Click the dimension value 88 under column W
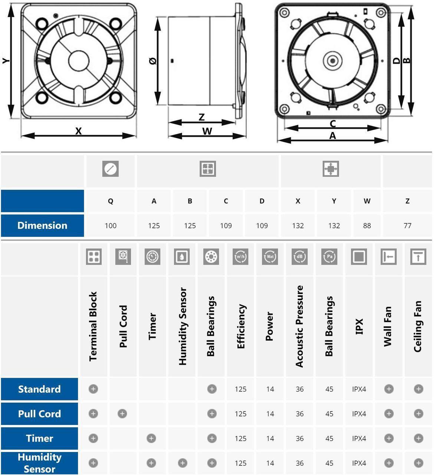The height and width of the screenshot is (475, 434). click(367, 226)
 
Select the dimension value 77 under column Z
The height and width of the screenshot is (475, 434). click(407, 226)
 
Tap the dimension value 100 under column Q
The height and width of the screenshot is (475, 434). click(111, 226)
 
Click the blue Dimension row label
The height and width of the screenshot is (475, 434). click(42, 226)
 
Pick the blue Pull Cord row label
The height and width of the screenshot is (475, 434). click(39, 414)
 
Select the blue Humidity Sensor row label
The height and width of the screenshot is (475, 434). click(39, 463)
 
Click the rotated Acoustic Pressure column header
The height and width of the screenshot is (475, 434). click(299, 326)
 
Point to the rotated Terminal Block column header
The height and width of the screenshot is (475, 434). click(93, 326)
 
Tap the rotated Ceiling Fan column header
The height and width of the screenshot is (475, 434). click(418, 326)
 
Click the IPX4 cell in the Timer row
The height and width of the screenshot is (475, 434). click(359, 439)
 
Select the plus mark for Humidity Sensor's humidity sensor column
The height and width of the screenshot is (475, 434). click(182, 463)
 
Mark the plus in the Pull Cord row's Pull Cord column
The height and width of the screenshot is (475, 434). click(122, 414)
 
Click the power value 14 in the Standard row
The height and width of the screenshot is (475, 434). click(270, 389)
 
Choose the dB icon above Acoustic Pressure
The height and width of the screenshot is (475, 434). click(299, 256)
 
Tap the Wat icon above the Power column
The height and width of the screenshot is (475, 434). click(270, 256)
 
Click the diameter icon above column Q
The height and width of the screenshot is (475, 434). click(111, 169)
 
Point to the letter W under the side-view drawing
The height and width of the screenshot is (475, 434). click(207, 131)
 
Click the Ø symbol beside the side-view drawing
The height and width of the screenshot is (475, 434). click(153, 61)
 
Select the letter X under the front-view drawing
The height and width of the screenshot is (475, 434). click(78, 131)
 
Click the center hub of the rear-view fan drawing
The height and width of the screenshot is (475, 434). click(332, 61)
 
